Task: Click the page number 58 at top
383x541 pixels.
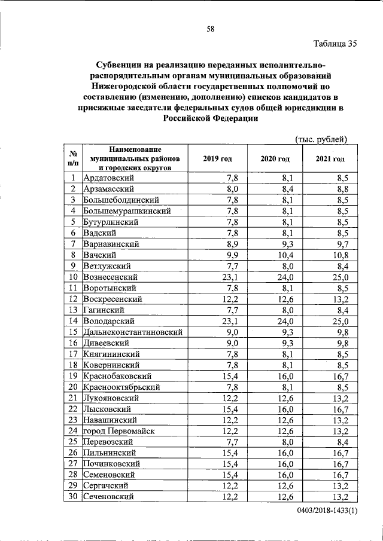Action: click(211, 28)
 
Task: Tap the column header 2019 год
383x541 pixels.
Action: click(217, 158)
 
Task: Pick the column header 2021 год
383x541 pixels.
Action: click(330, 158)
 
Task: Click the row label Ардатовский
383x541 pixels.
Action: click(108, 178)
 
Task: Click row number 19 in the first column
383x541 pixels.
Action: click(72, 375)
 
